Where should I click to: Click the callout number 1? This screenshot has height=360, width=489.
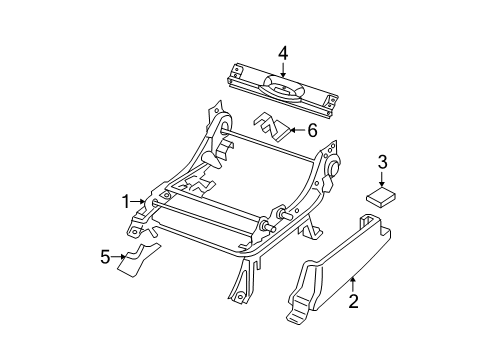(126, 202)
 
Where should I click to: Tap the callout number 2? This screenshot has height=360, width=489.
(353, 301)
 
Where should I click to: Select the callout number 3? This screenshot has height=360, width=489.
(382, 162)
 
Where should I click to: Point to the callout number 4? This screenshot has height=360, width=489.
(283, 53)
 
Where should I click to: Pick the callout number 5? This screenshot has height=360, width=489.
(105, 257)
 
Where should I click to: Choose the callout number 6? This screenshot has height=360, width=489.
(312, 130)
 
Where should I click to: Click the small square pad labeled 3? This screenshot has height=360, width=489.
(381, 197)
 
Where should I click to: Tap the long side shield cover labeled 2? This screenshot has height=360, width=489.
(337, 268)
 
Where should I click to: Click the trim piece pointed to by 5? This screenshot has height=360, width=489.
(137, 261)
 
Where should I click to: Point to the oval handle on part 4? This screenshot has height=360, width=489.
(283, 88)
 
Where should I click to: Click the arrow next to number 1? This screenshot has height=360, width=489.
(137, 201)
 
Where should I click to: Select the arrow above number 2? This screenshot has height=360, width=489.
(353, 284)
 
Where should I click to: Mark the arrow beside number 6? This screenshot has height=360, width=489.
(297, 130)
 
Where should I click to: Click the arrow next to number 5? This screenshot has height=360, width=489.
(119, 256)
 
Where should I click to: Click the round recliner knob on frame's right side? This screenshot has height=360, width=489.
(334, 167)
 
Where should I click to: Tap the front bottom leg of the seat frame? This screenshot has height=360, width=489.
(242, 280)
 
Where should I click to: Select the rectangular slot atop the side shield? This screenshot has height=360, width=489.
(367, 220)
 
